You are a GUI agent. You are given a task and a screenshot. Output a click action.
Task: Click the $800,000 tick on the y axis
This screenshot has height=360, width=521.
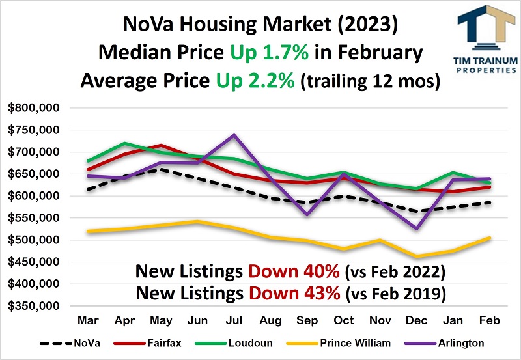(34, 108)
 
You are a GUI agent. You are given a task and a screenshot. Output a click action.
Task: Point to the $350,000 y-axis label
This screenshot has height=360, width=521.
(34, 306)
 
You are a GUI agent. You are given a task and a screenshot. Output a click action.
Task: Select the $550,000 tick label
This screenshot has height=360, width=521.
(34, 218)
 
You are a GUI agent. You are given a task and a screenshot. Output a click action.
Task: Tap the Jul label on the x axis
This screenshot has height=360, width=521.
(234, 320)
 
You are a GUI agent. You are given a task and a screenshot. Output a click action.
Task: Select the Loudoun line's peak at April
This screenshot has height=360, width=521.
(124, 143)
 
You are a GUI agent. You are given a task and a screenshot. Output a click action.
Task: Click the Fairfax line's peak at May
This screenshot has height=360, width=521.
(161, 145)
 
